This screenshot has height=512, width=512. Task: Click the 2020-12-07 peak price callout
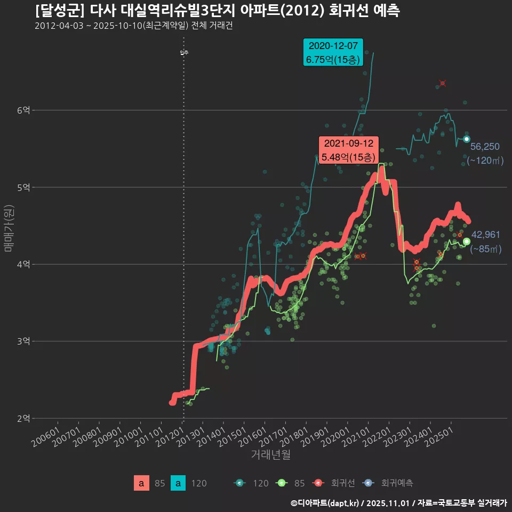pyautogui.click(x=333, y=52)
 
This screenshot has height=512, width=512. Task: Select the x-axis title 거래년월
pyautogui.click(x=271, y=455)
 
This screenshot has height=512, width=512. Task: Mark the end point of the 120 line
pyautogui.click(x=466, y=139)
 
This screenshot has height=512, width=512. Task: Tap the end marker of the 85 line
pyautogui.click(x=467, y=242)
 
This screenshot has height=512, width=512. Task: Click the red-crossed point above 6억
pyautogui.click(x=443, y=83)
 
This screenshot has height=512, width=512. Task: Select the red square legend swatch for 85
pyautogui.click(x=141, y=483)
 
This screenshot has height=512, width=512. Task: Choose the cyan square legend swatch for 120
pyautogui.click(x=178, y=483)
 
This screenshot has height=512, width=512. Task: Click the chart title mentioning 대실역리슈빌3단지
pyautogui.click(x=218, y=11)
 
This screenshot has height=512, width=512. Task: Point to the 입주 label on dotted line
pyautogui.click(x=184, y=52)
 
